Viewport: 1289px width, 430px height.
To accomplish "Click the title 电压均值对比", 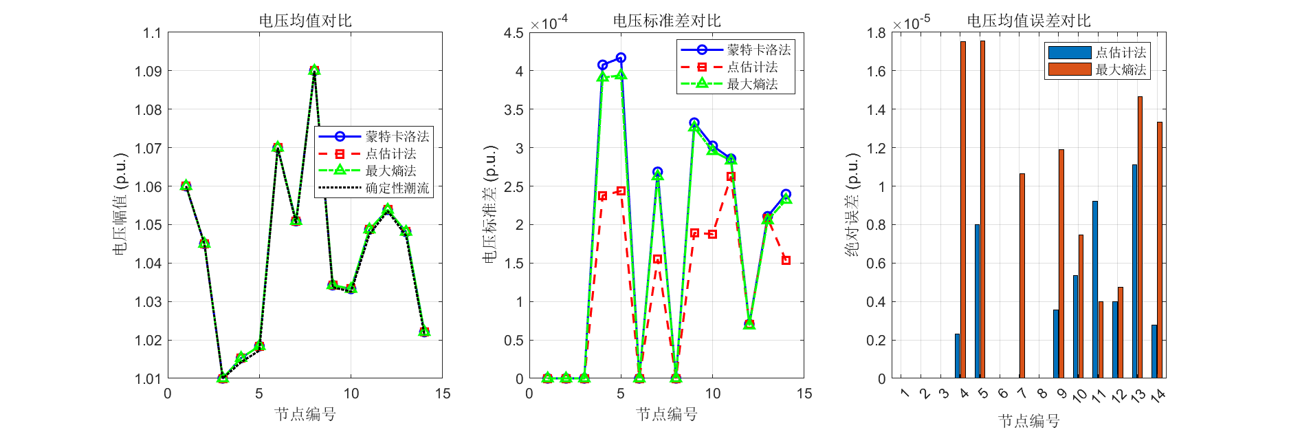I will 305,21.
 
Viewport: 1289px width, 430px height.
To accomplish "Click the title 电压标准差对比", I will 667,21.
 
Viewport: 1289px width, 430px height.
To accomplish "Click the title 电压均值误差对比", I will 1028,21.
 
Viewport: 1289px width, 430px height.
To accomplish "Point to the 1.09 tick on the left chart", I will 152,71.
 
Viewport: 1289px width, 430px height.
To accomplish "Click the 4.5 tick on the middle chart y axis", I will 514,33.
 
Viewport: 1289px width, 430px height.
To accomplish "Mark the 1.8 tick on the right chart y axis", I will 876,33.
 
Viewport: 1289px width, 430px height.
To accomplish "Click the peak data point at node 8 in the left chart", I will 314,70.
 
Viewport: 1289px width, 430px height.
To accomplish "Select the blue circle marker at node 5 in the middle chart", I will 621,58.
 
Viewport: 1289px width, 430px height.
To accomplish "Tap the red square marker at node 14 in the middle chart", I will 786,260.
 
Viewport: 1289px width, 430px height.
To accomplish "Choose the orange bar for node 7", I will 1022,276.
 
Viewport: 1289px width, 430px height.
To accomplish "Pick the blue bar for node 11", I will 1095,290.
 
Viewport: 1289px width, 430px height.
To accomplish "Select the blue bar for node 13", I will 1134,272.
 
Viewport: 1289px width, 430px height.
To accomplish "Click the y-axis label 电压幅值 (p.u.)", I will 120,204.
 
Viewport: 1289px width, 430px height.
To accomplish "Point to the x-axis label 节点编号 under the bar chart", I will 1028,420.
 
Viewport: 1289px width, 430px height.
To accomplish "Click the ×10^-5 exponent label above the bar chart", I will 912,23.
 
